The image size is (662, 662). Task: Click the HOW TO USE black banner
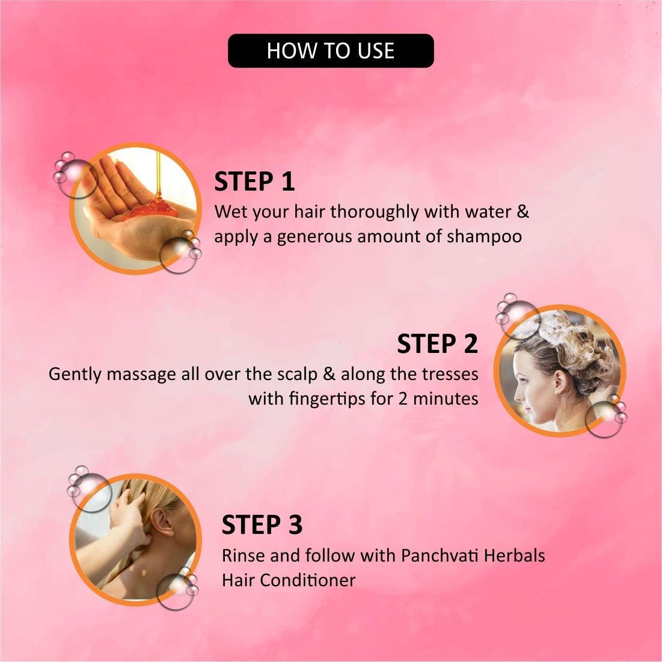coord(331,51)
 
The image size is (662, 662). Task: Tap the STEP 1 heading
coord(254,182)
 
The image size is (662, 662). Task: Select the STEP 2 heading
coord(437,344)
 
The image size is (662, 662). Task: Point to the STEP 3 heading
coord(262,524)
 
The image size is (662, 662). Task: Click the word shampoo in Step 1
coord(484,237)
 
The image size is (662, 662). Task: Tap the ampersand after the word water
coord(523,212)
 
